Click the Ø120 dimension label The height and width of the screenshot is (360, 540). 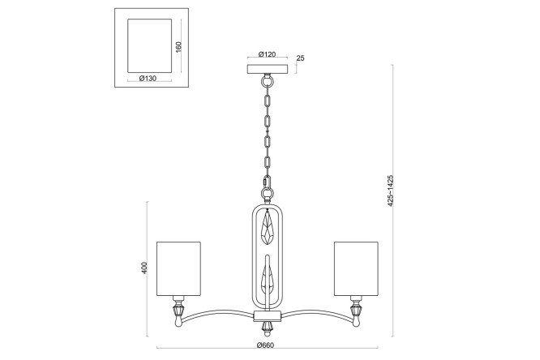tap(268, 54)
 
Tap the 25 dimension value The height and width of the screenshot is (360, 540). tap(300, 58)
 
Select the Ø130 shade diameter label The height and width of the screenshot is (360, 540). tap(148, 78)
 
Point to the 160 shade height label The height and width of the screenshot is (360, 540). tap(178, 47)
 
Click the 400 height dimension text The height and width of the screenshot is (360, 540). tap(144, 268)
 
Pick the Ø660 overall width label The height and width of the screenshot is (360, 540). tap(265, 345)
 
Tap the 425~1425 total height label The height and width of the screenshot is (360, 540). tap(390, 191)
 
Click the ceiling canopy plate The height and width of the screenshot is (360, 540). tap(268, 69)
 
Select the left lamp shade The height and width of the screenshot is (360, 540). tap(178, 268)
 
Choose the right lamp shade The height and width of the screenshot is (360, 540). tap(356, 268)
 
